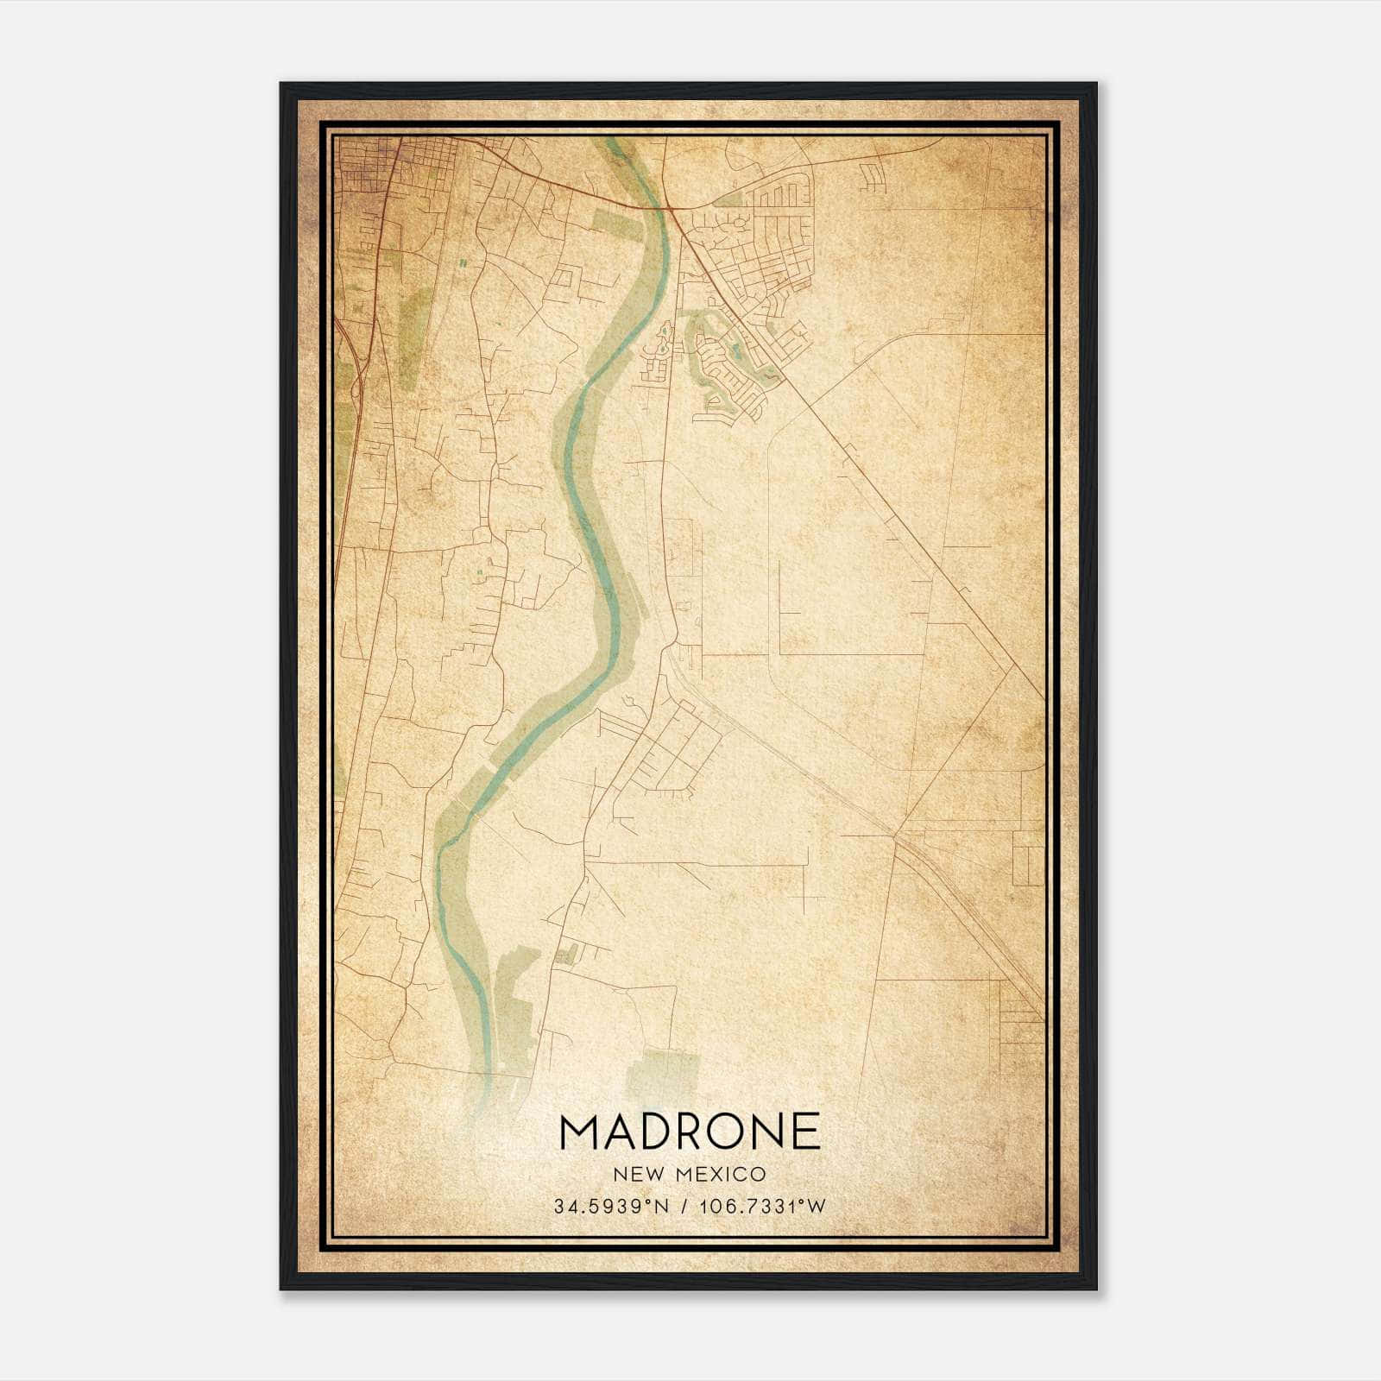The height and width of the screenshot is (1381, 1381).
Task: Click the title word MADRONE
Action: click(x=690, y=1132)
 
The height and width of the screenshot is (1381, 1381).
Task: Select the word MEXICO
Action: click(x=722, y=1174)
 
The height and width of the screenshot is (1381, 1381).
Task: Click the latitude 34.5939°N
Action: click(x=612, y=1206)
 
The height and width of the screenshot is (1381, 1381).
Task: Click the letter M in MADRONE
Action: click(x=580, y=1132)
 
